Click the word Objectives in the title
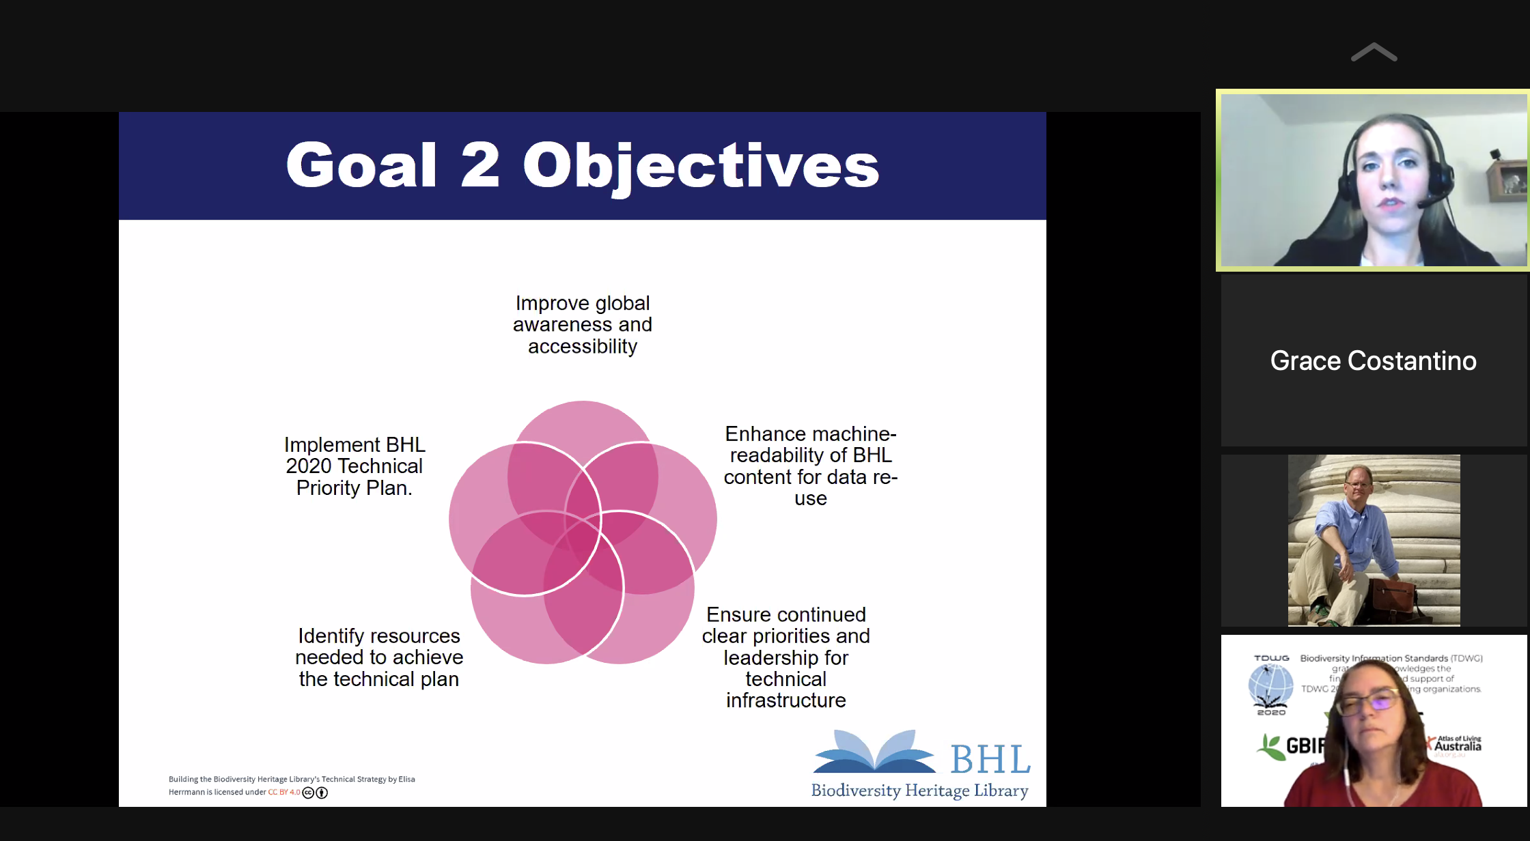click(x=701, y=167)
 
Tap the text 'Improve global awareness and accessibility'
click(x=583, y=325)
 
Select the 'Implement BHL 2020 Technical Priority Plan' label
click(x=354, y=466)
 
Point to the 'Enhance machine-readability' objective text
click(x=811, y=466)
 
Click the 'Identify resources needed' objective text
click(x=379, y=657)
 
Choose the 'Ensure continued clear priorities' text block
click(x=786, y=657)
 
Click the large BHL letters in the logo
click(x=990, y=759)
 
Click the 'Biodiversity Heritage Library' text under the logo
click(x=919, y=790)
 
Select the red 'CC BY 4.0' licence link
click(x=284, y=793)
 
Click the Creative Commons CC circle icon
click(x=308, y=793)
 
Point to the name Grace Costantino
click(x=1373, y=360)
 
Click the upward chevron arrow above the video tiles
click(x=1374, y=53)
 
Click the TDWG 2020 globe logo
click(x=1270, y=685)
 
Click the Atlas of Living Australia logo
click(x=1458, y=744)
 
